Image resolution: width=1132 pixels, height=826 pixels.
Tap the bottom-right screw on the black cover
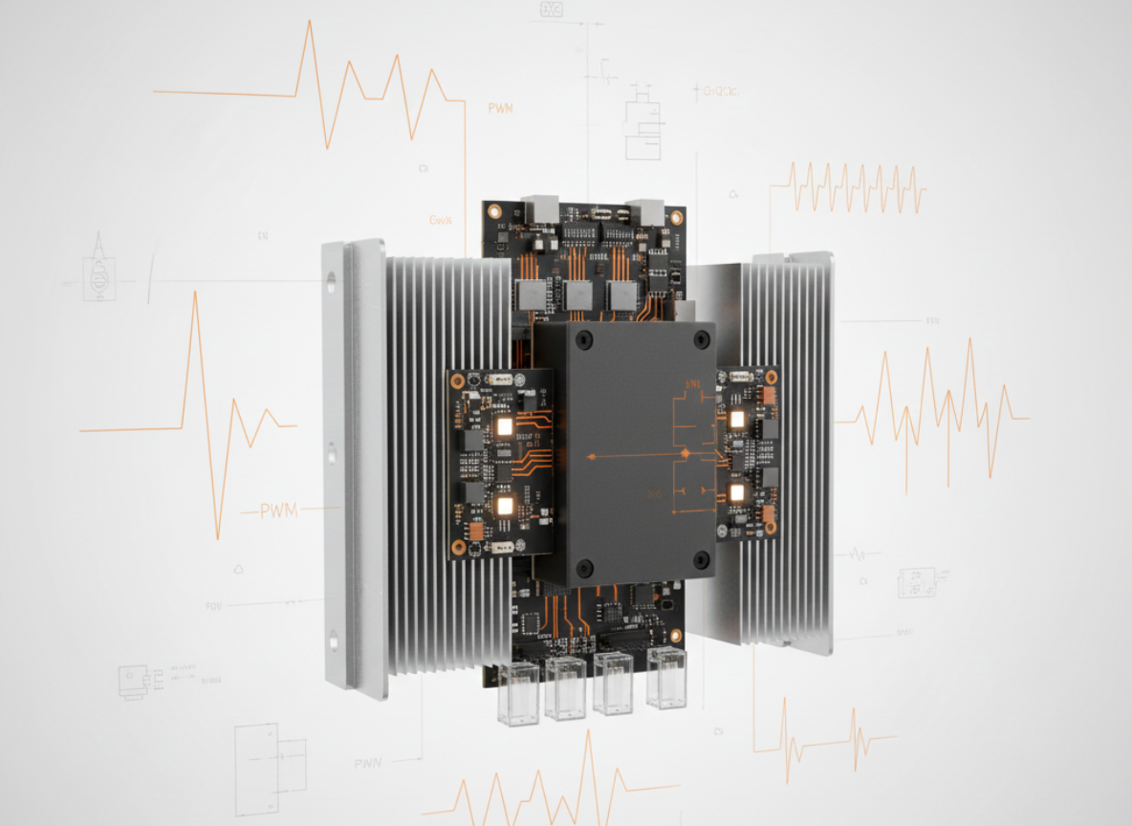(x=701, y=558)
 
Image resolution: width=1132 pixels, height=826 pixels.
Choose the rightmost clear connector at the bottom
(x=665, y=678)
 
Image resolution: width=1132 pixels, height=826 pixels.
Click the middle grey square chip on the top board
(x=577, y=294)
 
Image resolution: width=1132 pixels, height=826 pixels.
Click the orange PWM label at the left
(x=279, y=511)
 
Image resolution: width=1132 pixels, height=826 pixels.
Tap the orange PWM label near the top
(x=500, y=108)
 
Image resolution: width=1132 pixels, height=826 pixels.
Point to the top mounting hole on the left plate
(x=331, y=282)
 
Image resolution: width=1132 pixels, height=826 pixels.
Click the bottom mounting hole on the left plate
(x=334, y=640)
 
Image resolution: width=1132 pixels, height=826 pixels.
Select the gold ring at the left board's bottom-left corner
(x=459, y=548)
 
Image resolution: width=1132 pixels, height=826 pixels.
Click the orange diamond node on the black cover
(x=685, y=453)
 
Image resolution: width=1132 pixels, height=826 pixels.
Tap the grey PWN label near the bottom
(x=367, y=763)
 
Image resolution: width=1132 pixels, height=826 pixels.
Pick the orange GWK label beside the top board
(x=441, y=220)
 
